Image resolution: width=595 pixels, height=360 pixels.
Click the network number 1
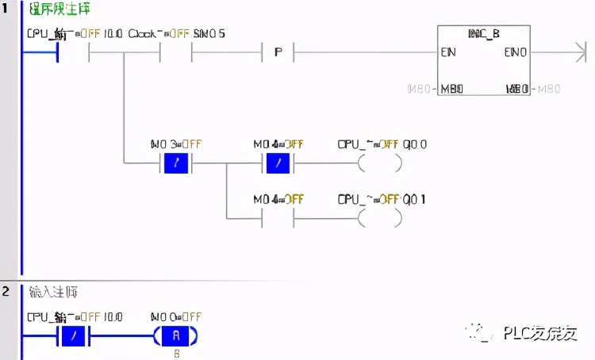coord(6,9)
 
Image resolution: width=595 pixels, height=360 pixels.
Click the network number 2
coord(6,291)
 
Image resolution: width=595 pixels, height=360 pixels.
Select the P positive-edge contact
coord(278,54)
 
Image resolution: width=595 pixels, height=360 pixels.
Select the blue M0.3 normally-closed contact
coord(175,164)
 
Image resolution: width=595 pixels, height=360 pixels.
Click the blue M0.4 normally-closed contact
coord(278,164)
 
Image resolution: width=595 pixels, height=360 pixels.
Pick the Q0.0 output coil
coord(379,164)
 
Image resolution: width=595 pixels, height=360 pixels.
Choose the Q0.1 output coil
coord(379,216)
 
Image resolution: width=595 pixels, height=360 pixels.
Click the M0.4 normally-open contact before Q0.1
coord(278,216)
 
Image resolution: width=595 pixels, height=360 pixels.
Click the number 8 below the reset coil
coord(176,353)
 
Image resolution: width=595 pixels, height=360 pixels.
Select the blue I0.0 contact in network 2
coord(74,336)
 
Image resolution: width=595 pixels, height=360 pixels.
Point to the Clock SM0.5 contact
coord(176,54)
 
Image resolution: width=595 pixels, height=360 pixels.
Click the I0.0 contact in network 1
coord(74,54)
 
